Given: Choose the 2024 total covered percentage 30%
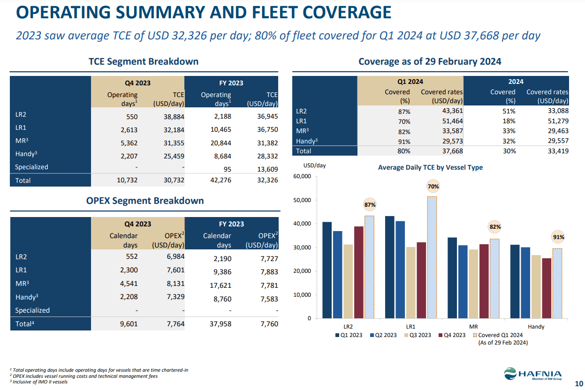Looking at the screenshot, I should click(509, 151).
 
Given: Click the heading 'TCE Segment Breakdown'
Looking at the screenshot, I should click(144, 61).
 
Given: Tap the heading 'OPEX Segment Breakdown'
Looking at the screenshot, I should click(145, 201).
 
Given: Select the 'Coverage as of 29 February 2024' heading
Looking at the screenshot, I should click(430, 61).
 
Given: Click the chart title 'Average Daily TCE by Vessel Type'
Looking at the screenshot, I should click(430, 167).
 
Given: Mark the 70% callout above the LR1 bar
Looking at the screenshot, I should click(433, 187).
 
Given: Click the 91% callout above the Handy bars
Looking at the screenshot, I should click(558, 237).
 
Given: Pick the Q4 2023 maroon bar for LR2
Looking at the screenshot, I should click(359, 272).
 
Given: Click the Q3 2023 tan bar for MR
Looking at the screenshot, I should click(474, 284).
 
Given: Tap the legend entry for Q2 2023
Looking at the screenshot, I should click(383, 335).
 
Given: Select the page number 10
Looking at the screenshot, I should click(578, 383).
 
